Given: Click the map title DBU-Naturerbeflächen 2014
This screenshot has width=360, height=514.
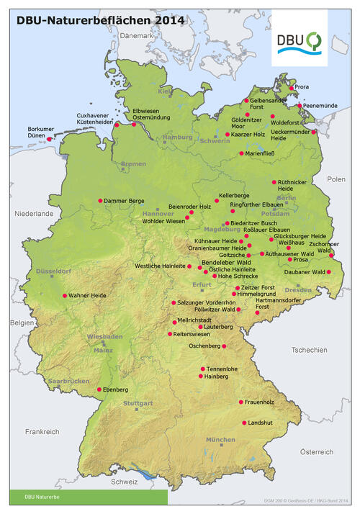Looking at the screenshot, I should [101, 20].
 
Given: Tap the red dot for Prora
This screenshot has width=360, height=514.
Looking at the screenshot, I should [292, 88].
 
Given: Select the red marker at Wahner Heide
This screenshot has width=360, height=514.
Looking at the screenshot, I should [65, 296].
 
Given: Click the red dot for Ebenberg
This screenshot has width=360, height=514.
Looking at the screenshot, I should [99, 389].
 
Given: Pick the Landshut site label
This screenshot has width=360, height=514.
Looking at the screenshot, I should [260, 423].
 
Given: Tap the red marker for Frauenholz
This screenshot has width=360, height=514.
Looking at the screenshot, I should [240, 402].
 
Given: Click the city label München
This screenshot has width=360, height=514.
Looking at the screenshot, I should [220, 439].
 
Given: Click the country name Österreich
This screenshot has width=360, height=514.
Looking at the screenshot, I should [317, 452].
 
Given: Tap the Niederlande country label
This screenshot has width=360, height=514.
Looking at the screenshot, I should [34, 214].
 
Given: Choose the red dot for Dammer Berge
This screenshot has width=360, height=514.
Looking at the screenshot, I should [100, 201].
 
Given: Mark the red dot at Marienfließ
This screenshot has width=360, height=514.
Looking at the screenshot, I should [241, 153].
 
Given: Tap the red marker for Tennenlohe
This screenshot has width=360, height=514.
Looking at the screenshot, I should [202, 369].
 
